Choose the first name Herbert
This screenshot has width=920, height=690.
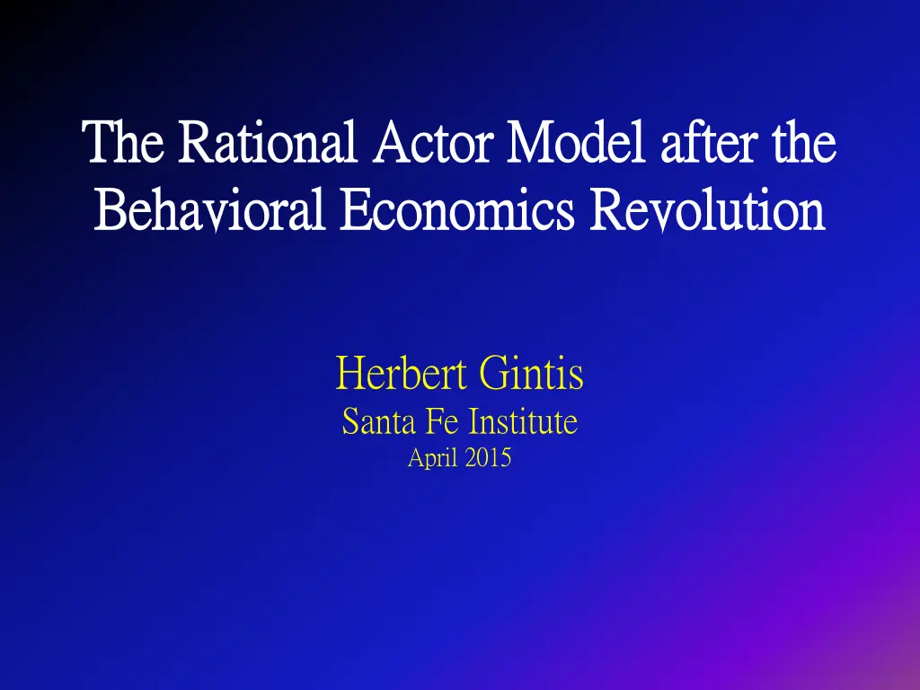click(x=402, y=374)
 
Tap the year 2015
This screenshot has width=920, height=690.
click(x=489, y=458)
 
